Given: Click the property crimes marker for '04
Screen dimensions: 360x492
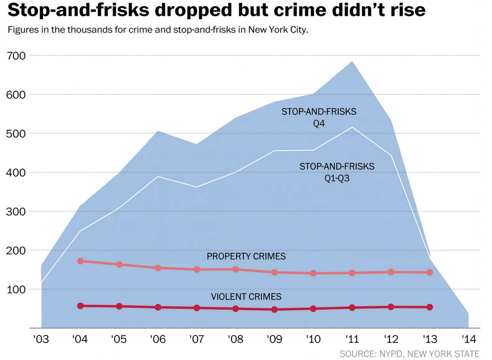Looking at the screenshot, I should (x=80, y=261).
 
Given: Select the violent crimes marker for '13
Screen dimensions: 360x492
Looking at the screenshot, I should (x=429, y=307).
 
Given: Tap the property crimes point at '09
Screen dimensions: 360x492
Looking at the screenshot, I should (x=274, y=272).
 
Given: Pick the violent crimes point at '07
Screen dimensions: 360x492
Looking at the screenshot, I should (x=196, y=308).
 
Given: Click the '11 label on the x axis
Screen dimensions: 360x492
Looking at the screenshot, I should (x=351, y=339).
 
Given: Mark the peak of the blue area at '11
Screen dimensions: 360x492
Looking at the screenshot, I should (x=352, y=61).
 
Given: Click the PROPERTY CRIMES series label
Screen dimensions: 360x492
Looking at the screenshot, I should (x=246, y=257).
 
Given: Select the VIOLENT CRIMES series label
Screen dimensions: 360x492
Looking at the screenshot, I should (x=246, y=297).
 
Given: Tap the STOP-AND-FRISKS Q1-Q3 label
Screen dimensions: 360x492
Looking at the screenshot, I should (x=337, y=171).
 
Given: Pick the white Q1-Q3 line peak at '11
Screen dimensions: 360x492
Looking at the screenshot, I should (x=352, y=127).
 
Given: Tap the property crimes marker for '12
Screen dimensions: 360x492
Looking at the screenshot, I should (x=391, y=272).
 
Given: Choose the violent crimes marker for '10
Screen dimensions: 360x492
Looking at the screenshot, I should (x=313, y=308).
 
